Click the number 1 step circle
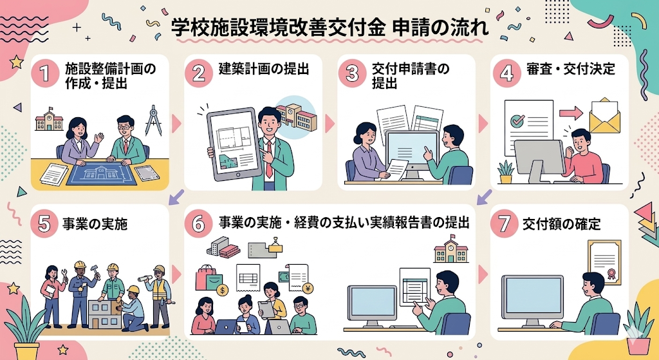click(x=45, y=73)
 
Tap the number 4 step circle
click(x=506, y=73)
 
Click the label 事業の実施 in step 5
click(x=95, y=224)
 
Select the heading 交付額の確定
click(x=561, y=224)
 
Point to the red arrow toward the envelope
click(x=570, y=113)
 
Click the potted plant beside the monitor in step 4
click(x=505, y=171)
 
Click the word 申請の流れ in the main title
click(x=438, y=28)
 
